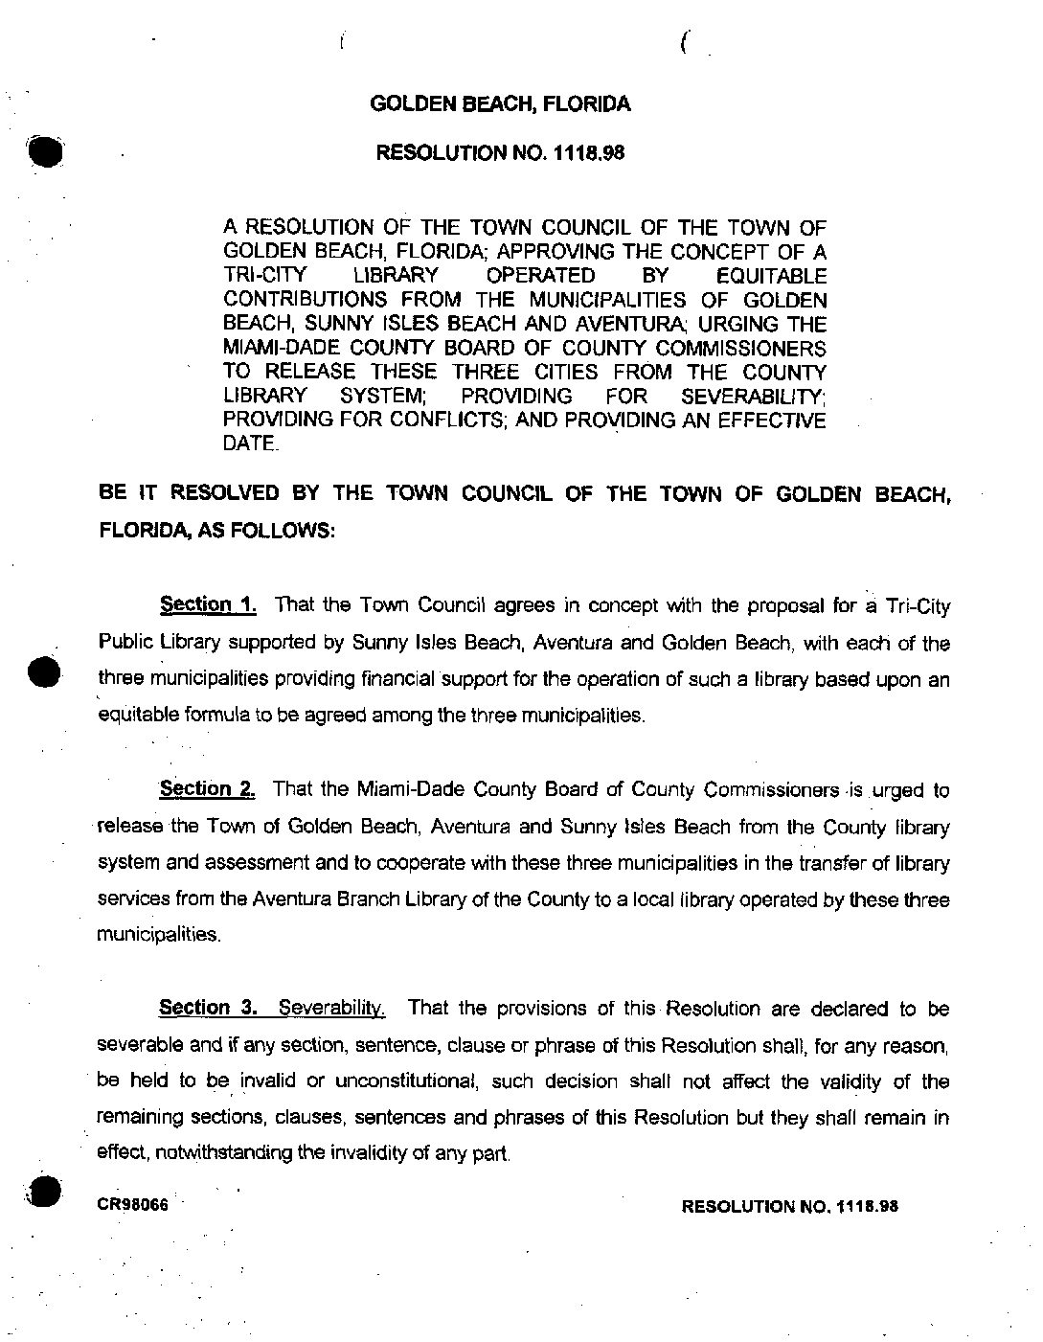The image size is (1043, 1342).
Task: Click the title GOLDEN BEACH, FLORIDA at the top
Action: point(500,104)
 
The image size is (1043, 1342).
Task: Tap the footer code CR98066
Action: point(133,1205)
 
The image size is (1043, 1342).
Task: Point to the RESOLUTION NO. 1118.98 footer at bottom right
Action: point(789,1206)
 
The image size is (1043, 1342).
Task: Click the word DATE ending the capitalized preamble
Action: point(250,444)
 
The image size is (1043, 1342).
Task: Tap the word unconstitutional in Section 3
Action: point(402,1081)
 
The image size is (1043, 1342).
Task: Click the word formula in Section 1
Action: point(197,715)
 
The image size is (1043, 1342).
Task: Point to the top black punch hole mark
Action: point(44,151)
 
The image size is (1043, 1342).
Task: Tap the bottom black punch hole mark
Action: point(44,1191)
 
